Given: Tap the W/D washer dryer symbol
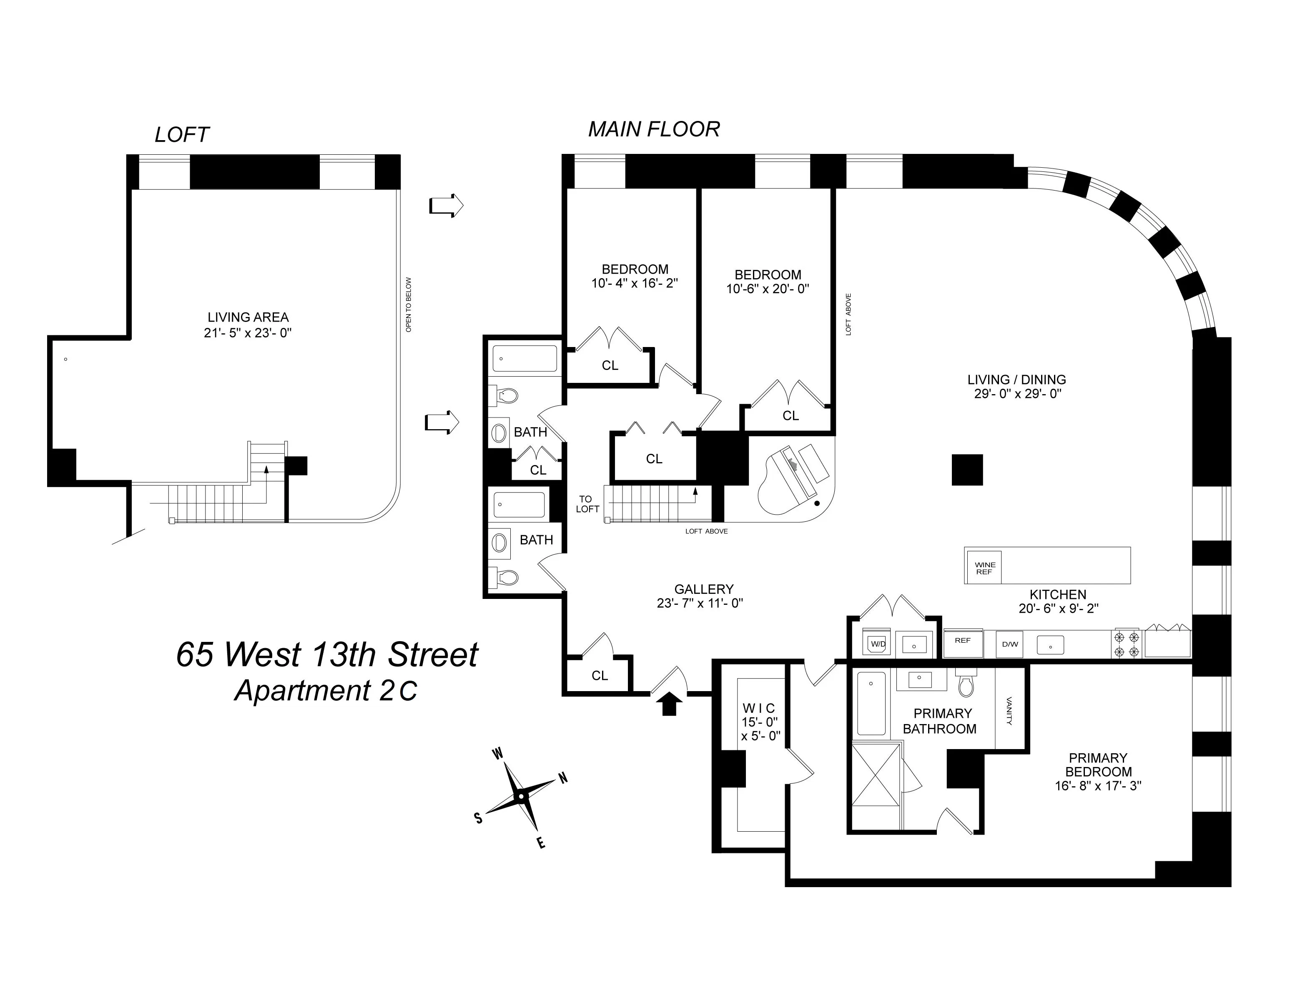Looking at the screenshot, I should point(878,644).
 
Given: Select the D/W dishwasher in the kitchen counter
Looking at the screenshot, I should point(1009,644).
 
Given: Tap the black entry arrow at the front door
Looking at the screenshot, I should point(669,706).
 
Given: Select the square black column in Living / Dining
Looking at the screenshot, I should point(967,470).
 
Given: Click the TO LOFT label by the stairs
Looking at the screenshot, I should point(587,504).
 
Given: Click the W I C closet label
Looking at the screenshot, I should point(758,708).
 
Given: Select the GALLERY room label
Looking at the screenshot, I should point(704,589).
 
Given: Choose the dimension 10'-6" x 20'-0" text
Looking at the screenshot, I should point(767,289).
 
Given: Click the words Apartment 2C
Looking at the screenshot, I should point(326,691).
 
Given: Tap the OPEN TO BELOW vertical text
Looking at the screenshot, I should point(409,304).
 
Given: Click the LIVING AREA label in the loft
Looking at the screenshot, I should point(248,317).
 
